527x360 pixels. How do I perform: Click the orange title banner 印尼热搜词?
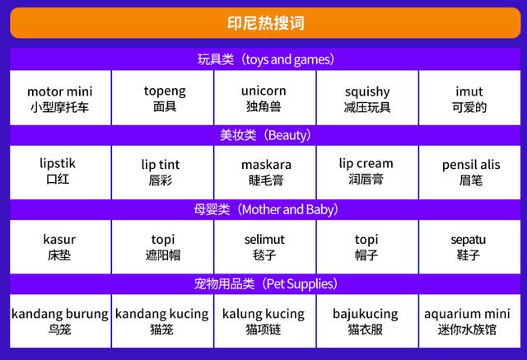pyautogui.click(x=265, y=23)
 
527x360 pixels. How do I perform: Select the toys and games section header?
pyautogui.click(x=265, y=59)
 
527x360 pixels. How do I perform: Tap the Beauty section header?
pyautogui.click(x=265, y=135)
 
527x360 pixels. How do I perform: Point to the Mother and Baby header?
pyautogui.click(x=265, y=210)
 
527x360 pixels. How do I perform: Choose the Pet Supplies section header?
pyautogui.click(x=265, y=284)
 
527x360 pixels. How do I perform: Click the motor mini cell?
pyautogui.click(x=60, y=98)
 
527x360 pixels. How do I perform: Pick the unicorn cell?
pyautogui.click(x=265, y=98)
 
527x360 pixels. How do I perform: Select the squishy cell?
pyautogui.click(x=367, y=98)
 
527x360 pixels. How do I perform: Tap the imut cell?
pyautogui.click(x=469, y=98)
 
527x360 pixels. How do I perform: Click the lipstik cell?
pyautogui.click(x=60, y=172)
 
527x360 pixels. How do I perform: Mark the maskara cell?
pyautogui.click(x=265, y=172)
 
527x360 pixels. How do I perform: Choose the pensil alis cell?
pyautogui.click(x=469, y=172)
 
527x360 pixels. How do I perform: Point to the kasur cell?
pyautogui.click(x=60, y=247)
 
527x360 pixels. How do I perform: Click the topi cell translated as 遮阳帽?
pyautogui.click(x=163, y=247)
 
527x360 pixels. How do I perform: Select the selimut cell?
pyautogui.click(x=265, y=247)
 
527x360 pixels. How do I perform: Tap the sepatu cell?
pyautogui.click(x=469, y=247)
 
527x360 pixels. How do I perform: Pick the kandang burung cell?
pyautogui.click(x=60, y=321)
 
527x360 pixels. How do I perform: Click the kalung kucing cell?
pyautogui.click(x=265, y=321)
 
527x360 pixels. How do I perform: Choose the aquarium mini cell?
pyautogui.click(x=469, y=321)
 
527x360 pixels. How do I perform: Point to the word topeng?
pyautogui.click(x=165, y=91)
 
